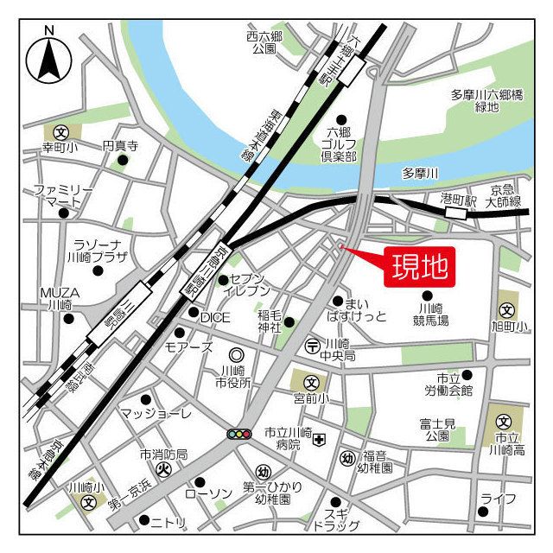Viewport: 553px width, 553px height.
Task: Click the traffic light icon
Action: (238, 433)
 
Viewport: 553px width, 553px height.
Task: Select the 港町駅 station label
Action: (459, 200)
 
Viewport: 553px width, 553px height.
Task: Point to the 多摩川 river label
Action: (420, 174)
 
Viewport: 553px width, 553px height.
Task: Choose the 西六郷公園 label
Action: (264, 42)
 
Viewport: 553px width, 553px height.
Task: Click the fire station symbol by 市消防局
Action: (164, 470)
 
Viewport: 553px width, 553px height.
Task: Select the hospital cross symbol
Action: (320, 440)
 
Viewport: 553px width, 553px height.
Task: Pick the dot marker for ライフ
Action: (482, 511)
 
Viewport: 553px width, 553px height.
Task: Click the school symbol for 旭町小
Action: (507, 309)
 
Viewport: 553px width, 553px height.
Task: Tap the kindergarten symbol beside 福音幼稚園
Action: (346, 458)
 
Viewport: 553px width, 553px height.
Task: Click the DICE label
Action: (215, 317)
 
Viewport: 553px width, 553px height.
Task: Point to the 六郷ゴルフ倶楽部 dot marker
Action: (341, 119)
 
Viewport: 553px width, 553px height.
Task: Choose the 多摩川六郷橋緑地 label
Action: (486, 100)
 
